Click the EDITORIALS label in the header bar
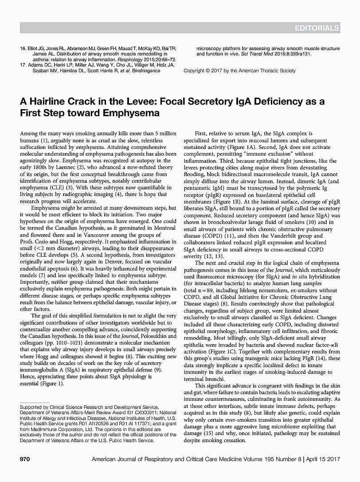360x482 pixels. pyautogui.click(x=317, y=28)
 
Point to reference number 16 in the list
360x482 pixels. pyautogui.click(x=24, y=48)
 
